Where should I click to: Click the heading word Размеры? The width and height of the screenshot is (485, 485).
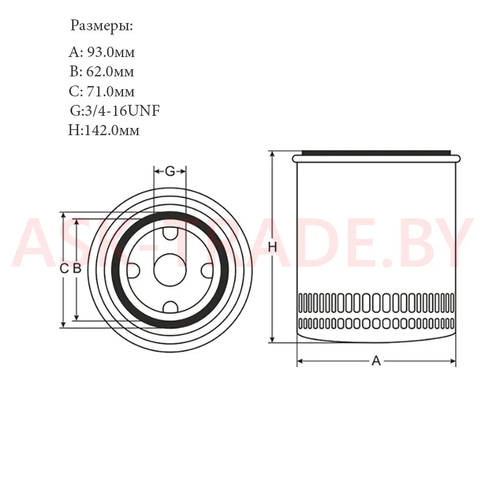(x=101, y=26)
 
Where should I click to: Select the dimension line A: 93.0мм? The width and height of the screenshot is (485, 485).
(x=102, y=52)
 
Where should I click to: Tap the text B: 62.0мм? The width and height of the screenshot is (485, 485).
(x=102, y=72)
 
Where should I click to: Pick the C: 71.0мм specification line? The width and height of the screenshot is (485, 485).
(x=102, y=92)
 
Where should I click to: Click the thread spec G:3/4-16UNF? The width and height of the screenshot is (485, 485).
(x=115, y=111)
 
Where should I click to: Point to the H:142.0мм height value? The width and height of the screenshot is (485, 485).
(x=104, y=130)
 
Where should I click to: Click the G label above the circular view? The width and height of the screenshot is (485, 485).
(x=170, y=171)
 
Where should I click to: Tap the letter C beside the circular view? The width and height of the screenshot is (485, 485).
(x=64, y=269)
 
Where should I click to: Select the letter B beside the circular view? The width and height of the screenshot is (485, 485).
(x=77, y=269)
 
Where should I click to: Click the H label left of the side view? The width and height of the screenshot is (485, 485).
(x=272, y=247)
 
